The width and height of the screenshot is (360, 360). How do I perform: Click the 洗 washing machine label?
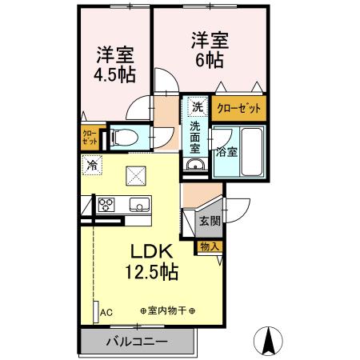(x=197, y=106)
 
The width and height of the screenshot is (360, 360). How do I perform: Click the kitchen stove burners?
(x=106, y=205)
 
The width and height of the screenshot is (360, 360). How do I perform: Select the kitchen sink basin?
(x=139, y=205)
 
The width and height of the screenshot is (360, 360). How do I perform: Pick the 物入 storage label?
(x=210, y=247)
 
